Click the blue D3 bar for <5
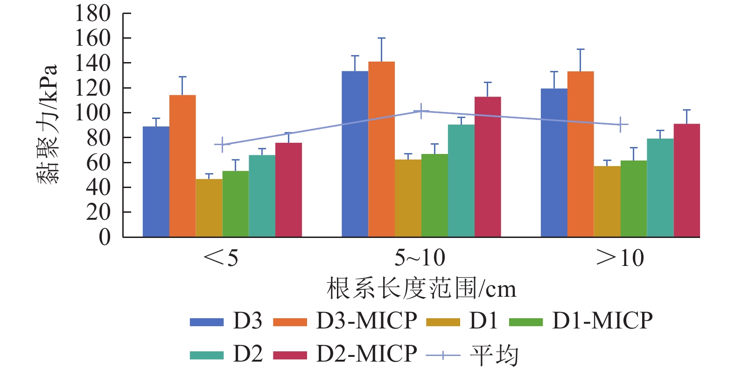[x=156, y=182]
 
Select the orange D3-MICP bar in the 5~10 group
[x=381, y=149]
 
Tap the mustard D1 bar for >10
[x=607, y=202]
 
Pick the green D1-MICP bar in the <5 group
[x=236, y=204]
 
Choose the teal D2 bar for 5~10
[x=461, y=181]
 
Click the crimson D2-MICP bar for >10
[x=686, y=181]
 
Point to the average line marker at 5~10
[x=421, y=111]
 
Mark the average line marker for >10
[x=620, y=125]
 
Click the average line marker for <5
[x=222, y=145]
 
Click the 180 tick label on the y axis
[x=93, y=14]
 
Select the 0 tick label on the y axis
[x=105, y=237]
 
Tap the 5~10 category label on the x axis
[x=420, y=258]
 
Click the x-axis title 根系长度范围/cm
[x=421, y=289]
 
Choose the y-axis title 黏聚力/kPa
[x=48, y=124]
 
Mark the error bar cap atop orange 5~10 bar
[x=381, y=38]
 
